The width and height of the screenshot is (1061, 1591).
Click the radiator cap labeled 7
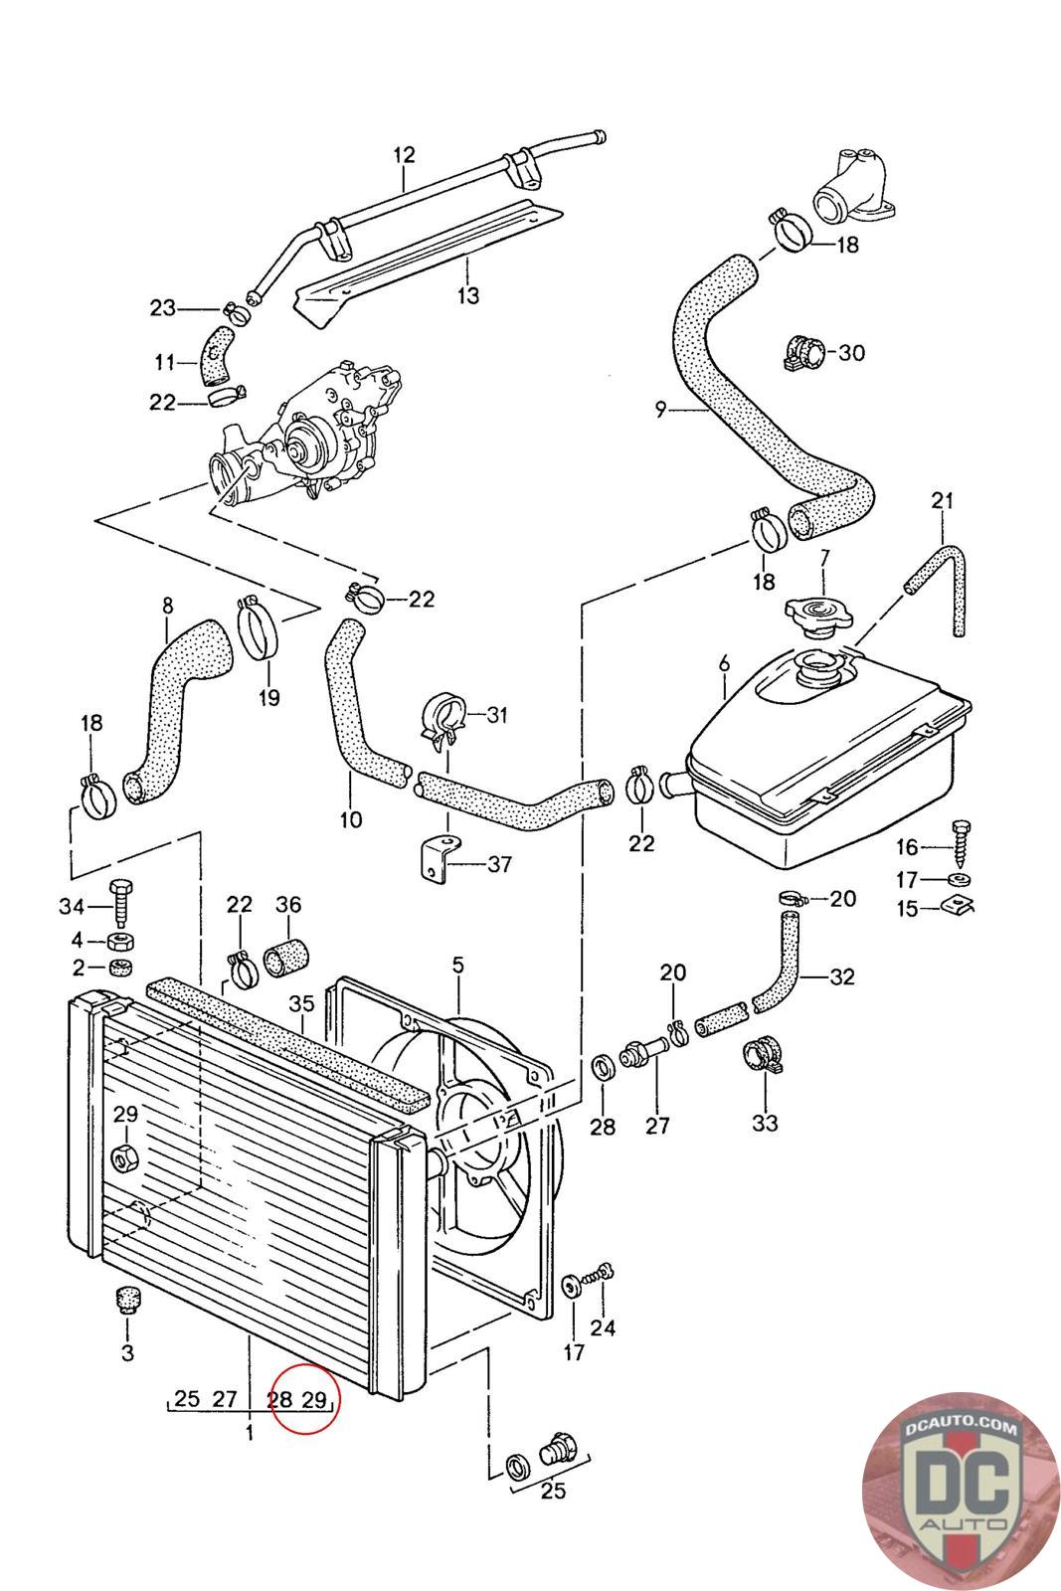818,612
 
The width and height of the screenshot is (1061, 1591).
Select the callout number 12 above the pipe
404,154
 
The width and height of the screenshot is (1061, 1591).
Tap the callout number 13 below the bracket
468,294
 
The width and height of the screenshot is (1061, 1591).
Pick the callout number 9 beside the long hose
660,410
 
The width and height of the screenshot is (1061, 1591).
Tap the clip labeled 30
804,352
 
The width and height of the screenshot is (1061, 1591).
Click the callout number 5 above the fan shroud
457,965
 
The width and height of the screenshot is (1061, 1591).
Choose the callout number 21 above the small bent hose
942,501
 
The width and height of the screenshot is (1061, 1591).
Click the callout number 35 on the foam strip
301,1003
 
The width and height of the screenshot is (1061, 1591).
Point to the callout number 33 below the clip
765,1123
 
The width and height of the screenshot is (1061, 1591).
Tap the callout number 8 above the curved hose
168,606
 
